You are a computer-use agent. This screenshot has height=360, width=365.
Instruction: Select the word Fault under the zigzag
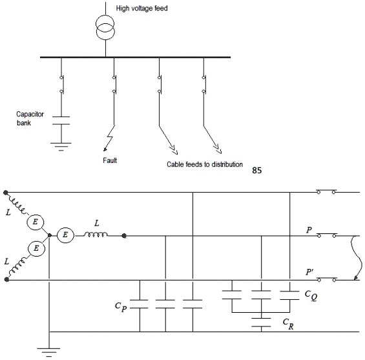pos(110,160)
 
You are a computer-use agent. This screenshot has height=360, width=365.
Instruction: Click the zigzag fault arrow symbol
pos(112,138)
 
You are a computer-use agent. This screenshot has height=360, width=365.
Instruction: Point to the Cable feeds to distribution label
pos(205,164)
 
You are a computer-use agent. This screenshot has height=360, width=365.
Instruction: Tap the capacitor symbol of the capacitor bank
pos(61,120)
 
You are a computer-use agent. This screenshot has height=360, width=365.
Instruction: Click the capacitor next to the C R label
pos(261,321)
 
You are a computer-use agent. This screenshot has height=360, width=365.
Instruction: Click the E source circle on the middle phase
pos(65,235)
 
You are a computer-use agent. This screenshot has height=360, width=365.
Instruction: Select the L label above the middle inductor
pos(96,223)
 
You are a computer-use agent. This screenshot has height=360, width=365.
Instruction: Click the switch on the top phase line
pos(326,192)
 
